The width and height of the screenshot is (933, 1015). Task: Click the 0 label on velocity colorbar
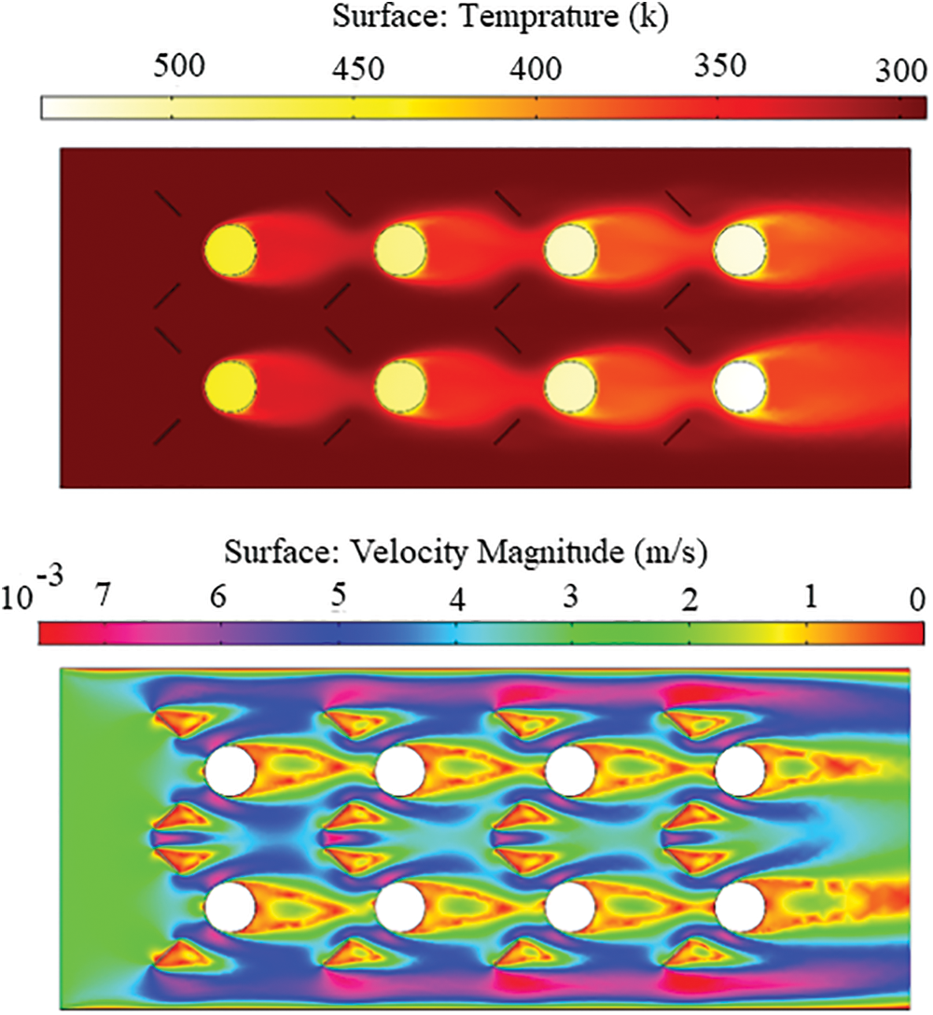pos(917,597)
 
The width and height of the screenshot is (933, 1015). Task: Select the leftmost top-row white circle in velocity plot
pos(230,772)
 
